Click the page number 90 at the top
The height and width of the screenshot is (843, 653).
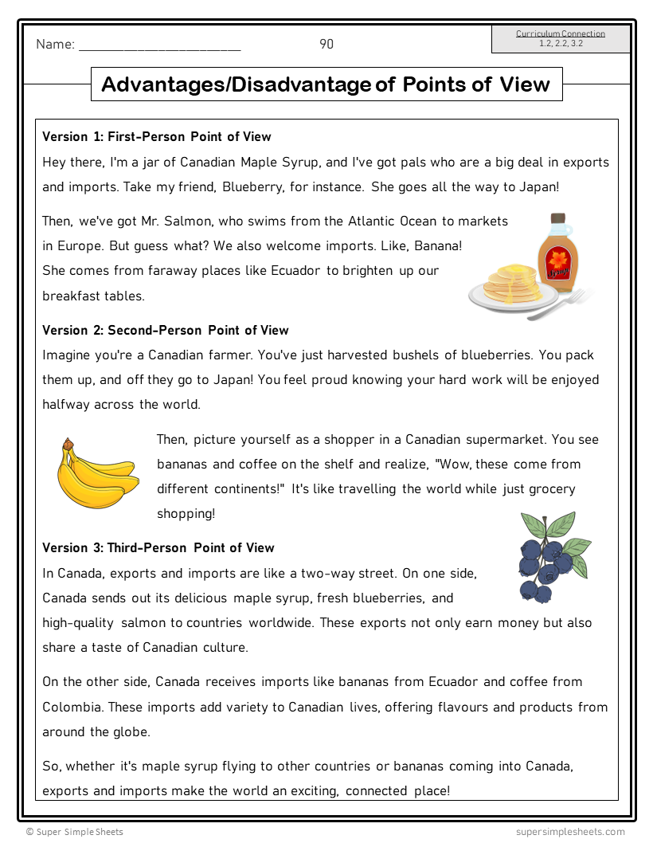pyautogui.click(x=326, y=45)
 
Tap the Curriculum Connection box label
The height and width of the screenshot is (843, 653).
pyautogui.click(x=561, y=34)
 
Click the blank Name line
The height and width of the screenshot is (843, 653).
pyautogui.click(x=159, y=46)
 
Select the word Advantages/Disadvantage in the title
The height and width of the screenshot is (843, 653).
pyautogui.click(x=237, y=84)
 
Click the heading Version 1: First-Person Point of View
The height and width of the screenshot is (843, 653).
pyautogui.click(x=157, y=137)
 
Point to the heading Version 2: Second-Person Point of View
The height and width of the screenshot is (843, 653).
pyautogui.click(x=166, y=331)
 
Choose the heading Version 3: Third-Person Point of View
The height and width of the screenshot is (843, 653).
pyautogui.click(x=158, y=548)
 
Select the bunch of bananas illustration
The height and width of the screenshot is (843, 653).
pyautogui.click(x=96, y=476)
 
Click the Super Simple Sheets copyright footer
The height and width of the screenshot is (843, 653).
pyautogui.click(x=75, y=832)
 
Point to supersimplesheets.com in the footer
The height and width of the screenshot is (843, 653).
pyautogui.click(x=569, y=832)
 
